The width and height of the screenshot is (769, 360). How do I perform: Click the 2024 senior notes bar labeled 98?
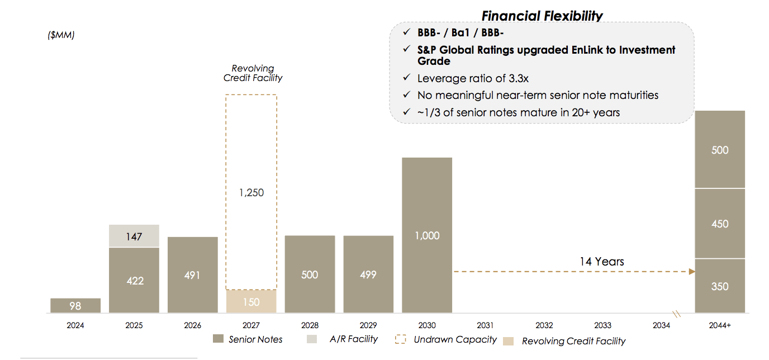coord(75,305)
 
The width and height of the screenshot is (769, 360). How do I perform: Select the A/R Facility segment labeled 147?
coord(134,236)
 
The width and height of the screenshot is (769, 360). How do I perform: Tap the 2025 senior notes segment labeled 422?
coord(134,280)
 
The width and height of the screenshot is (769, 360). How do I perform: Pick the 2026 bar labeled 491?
coord(192,274)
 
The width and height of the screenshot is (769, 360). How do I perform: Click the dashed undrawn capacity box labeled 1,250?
coord(251,192)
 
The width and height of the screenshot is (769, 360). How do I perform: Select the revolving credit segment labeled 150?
coord(251,301)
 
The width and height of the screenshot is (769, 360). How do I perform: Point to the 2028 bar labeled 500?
coord(310,274)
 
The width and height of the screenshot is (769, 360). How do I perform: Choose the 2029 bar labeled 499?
coord(368,274)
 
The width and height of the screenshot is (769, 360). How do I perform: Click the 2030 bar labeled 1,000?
coord(427,235)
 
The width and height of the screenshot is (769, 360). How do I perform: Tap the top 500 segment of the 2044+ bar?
coord(720,150)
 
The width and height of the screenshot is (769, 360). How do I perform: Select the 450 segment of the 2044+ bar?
coord(720,224)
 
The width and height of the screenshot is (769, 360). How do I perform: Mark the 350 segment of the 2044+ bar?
coord(720,286)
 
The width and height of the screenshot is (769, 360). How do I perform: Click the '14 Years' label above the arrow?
coord(601,261)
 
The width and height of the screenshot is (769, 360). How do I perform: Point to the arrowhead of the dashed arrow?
coord(692,272)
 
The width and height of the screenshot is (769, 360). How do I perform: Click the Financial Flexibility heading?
coord(542,16)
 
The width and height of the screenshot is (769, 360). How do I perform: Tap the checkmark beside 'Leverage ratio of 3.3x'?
coord(406,78)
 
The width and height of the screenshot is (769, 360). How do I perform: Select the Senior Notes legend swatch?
coord(219,339)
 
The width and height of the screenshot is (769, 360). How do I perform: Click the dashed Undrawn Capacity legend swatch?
coord(401,339)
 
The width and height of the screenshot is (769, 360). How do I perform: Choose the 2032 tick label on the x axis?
coord(544,325)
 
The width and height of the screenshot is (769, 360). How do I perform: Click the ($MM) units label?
coord(61,35)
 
